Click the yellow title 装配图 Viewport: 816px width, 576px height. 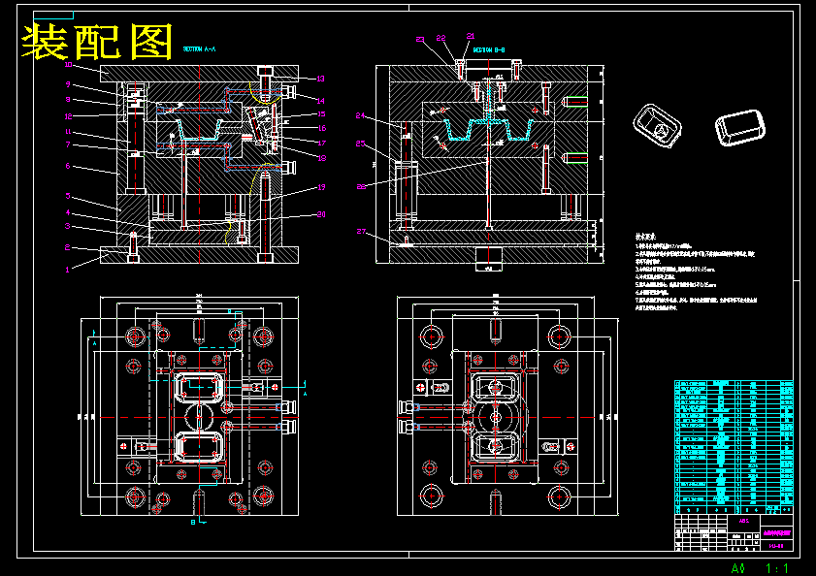pos(98,42)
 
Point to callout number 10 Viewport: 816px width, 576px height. pos(68,65)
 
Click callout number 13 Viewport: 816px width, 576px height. pos(320,79)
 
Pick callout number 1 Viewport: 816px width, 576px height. pos(68,271)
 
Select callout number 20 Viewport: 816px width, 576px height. pos(322,214)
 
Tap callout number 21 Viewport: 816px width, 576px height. pos(471,36)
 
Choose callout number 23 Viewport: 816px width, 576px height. pos(420,40)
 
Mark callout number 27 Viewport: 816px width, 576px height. pos(361,232)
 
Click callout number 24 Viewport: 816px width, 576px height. pos(361,115)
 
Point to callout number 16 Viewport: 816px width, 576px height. pos(322,128)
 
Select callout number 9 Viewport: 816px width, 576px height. pos(68,84)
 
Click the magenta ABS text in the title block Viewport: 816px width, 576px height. pos(743,521)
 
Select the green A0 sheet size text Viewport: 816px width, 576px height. pos(738,567)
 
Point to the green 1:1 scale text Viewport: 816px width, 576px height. pos(777,567)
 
